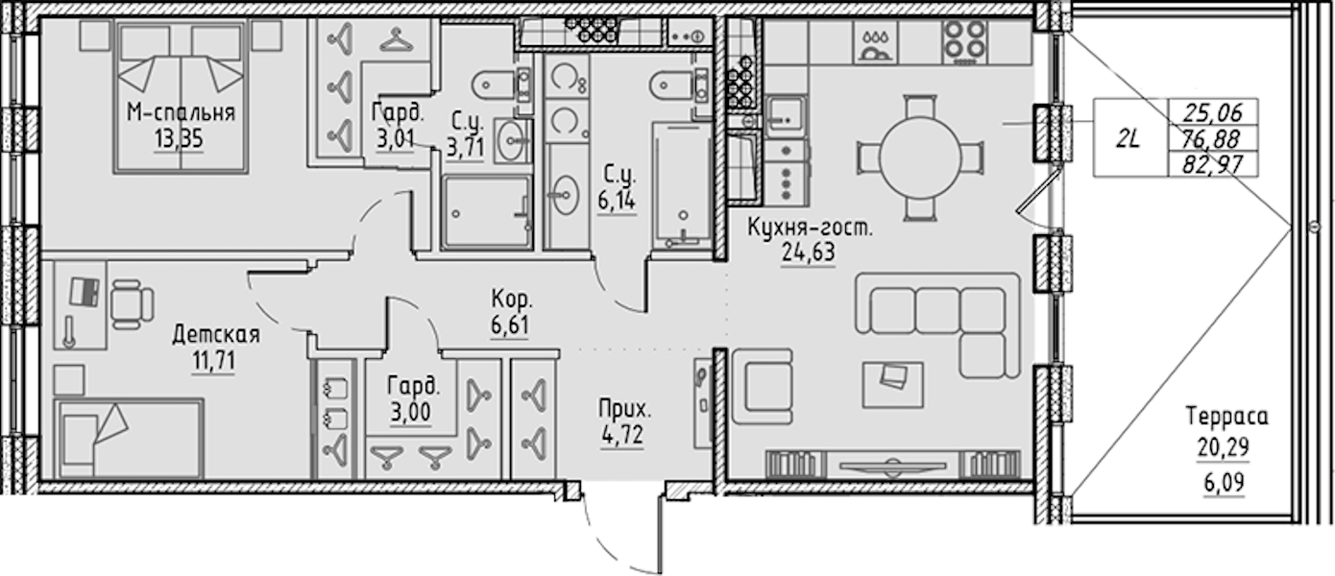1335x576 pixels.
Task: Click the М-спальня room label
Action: pyautogui.click(x=181, y=112)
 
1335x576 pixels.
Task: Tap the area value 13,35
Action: pyautogui.click(x=179, y=139)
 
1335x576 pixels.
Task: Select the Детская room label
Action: pyautogui.click(x=216, y=335)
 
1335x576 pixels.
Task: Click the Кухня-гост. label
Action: pyautogui.click(x=810, y=227)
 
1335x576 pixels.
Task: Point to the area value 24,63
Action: pyautogui.click(x=808, y=252)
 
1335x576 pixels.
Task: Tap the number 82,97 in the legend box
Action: pyautogui.click(x=1212, y=164)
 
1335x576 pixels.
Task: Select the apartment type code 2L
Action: pyautogui.click(x=1129, y=139)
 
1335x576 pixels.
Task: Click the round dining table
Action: pyautogui.click(x=920, y=157)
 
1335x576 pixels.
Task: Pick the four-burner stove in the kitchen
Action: pyautogui.click(x=965, y=41)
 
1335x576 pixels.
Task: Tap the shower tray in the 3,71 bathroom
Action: pyautogui.click(x=487, y=212)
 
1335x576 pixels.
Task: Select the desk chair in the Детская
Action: pyautogui.click(x=133, y=303)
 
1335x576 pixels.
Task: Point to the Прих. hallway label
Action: pyautogui.click(x=625, y=409)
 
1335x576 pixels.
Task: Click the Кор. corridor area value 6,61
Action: pyautogui.click(x=510, y=325)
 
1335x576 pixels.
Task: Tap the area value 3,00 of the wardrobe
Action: pyautogui.click(x=411, y=412)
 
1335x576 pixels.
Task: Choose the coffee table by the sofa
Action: pyautogui.click(x=892, y=385)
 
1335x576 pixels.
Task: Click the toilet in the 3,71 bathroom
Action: pyautogui.click(x=500, y=84)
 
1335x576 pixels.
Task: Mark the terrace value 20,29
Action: pyautogui.click(x=1224, y=446)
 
